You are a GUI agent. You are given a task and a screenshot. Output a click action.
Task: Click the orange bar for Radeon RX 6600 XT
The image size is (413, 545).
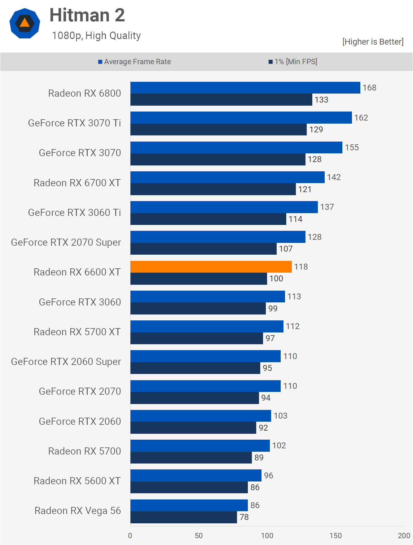[211, 267]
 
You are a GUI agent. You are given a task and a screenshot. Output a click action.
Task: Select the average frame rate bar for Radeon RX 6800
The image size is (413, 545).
[245, 88]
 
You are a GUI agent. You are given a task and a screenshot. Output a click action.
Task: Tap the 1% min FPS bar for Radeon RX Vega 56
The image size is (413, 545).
[183, 517]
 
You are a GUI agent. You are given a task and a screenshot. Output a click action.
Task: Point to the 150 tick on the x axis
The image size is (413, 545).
[336, 535]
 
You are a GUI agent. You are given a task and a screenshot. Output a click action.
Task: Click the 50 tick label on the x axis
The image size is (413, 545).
[199, 535]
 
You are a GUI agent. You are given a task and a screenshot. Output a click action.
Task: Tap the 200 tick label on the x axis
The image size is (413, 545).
[404, 535]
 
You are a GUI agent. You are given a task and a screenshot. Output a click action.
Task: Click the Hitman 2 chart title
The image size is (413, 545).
[87, 15]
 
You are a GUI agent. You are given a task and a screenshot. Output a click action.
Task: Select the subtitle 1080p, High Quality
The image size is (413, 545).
[96, 36]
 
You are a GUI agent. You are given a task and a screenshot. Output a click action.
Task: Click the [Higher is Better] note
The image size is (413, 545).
[373, 42]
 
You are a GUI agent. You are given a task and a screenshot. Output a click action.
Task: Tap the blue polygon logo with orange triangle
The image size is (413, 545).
[25, 23]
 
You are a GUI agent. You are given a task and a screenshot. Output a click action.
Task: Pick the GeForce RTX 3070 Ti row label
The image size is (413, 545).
[74, 123]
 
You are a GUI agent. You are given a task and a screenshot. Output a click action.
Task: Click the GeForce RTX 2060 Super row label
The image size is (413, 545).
[66, 362]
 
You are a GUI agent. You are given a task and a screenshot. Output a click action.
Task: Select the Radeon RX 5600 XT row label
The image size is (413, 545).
[77, 481]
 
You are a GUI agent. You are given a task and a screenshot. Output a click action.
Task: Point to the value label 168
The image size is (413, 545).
[369, 88]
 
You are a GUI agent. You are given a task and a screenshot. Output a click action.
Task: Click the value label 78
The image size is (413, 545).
[244, 517]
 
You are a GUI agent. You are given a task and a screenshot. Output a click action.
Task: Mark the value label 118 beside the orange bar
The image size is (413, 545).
[301, 267]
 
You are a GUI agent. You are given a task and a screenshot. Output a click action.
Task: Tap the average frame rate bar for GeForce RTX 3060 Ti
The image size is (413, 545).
[224, 207]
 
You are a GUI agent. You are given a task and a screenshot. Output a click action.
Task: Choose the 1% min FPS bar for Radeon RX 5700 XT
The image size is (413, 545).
[196, 338]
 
